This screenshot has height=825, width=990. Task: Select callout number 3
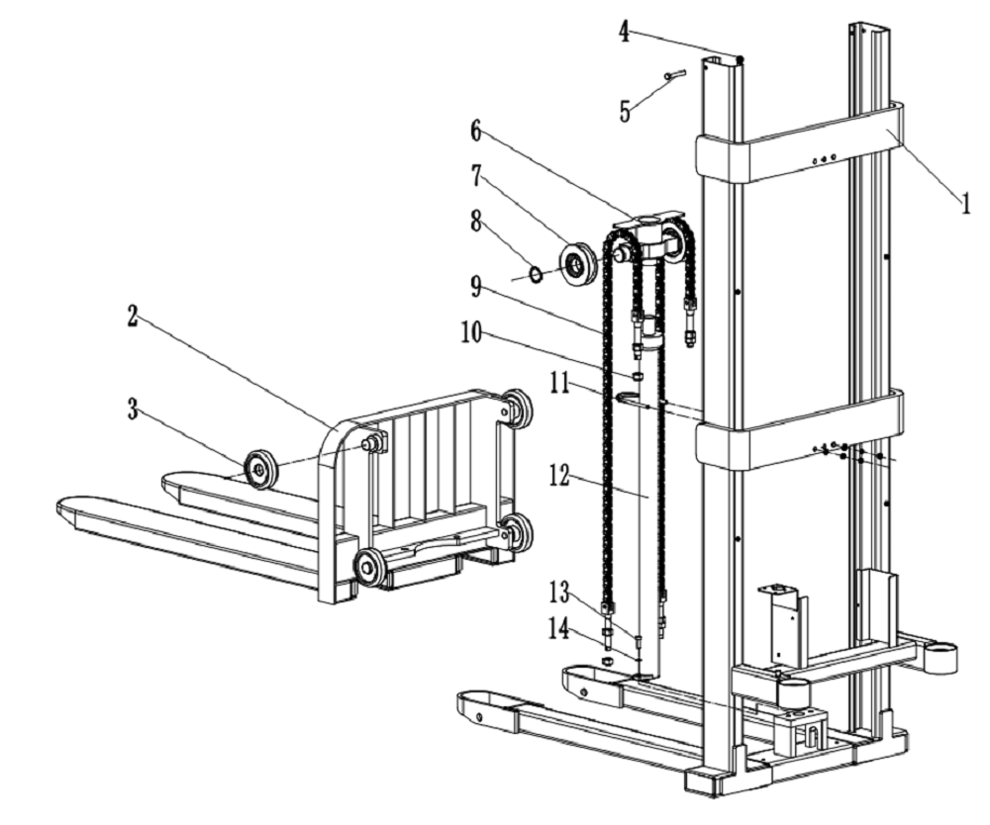[x=133, y=411]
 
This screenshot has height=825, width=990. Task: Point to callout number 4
[x=625, y=31]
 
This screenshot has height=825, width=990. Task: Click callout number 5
[x=625, y=110]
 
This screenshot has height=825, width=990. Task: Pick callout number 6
[x=476, y=131]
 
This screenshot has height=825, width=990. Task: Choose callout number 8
[x=476, y=222]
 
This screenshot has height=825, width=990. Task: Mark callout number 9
[x=476, y=287]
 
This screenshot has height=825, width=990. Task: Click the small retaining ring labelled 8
[x=536, y=274]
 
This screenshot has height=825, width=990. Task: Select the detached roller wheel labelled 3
[x=261, y=467]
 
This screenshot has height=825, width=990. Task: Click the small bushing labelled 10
[x=638, y=376]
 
